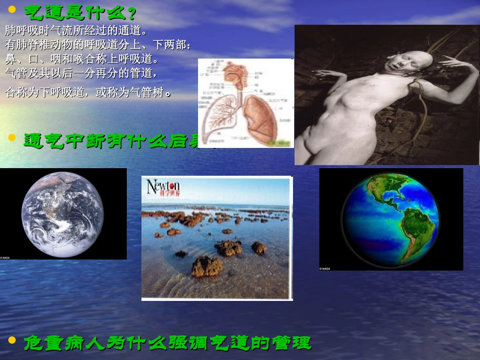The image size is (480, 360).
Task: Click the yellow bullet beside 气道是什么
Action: click(x=13, y=9)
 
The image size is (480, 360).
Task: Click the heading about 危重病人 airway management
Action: click(x=167, y=343)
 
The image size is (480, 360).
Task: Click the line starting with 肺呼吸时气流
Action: click(x=76, y=29)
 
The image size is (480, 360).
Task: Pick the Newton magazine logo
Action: click(x=163, y=187)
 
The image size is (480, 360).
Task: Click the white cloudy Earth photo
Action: click(x=63, y=214)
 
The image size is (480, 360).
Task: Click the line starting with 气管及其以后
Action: click(x=81, y=73)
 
